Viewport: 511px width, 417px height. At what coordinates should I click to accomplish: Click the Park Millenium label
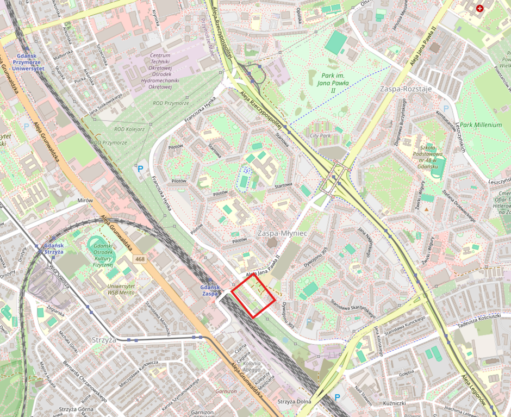(x=480, y=125)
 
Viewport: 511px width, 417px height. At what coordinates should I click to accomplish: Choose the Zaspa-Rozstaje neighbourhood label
(x=402, y=88)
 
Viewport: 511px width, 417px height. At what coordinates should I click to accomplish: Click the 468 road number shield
(x=141, y=259)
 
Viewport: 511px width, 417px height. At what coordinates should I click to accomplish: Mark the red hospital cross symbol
(x=479, y=9)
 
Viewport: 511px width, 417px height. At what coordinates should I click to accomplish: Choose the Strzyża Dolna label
(x=294, y=401)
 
